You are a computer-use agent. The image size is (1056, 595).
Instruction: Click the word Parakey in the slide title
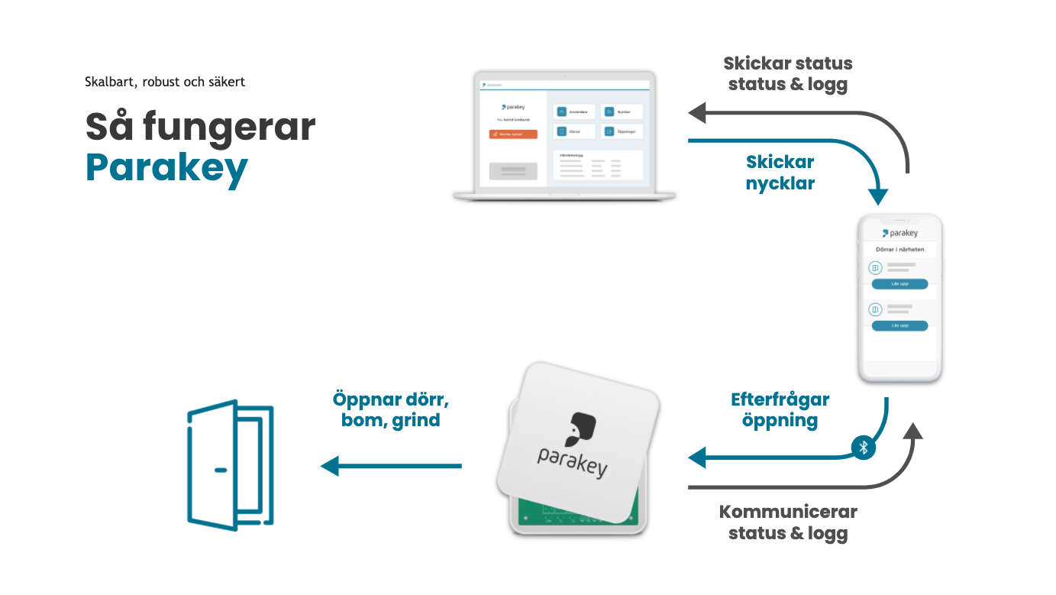click(166, 167)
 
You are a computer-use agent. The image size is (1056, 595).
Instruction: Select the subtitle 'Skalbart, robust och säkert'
click(165, 82)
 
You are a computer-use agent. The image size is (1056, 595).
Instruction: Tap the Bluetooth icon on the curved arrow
click(864, 448)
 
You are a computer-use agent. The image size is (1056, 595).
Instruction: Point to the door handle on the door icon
click(221, 470)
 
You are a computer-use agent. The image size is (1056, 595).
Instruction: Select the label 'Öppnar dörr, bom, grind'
click(391, 409)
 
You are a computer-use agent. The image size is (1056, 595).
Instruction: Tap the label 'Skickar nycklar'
click(780, 173)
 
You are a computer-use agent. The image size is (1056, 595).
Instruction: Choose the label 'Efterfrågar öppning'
click(780, 409)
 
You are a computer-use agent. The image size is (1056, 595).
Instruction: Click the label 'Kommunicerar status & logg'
click(788, 522)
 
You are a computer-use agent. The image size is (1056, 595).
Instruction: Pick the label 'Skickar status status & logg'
click(788, 73)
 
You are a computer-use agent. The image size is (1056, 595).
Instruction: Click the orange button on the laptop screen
click(513, 134)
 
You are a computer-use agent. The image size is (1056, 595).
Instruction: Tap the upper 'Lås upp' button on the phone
click(899, 284)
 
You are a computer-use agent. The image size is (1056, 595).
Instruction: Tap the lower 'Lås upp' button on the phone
click(899, 326)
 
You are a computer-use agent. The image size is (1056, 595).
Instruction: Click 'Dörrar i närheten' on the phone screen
click(899, 249)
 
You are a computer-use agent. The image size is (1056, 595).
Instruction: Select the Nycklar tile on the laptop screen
click(622, 112)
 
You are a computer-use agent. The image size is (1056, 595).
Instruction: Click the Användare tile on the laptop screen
click(574, 112)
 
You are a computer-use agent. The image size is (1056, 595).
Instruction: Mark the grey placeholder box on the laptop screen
click(513, 171)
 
